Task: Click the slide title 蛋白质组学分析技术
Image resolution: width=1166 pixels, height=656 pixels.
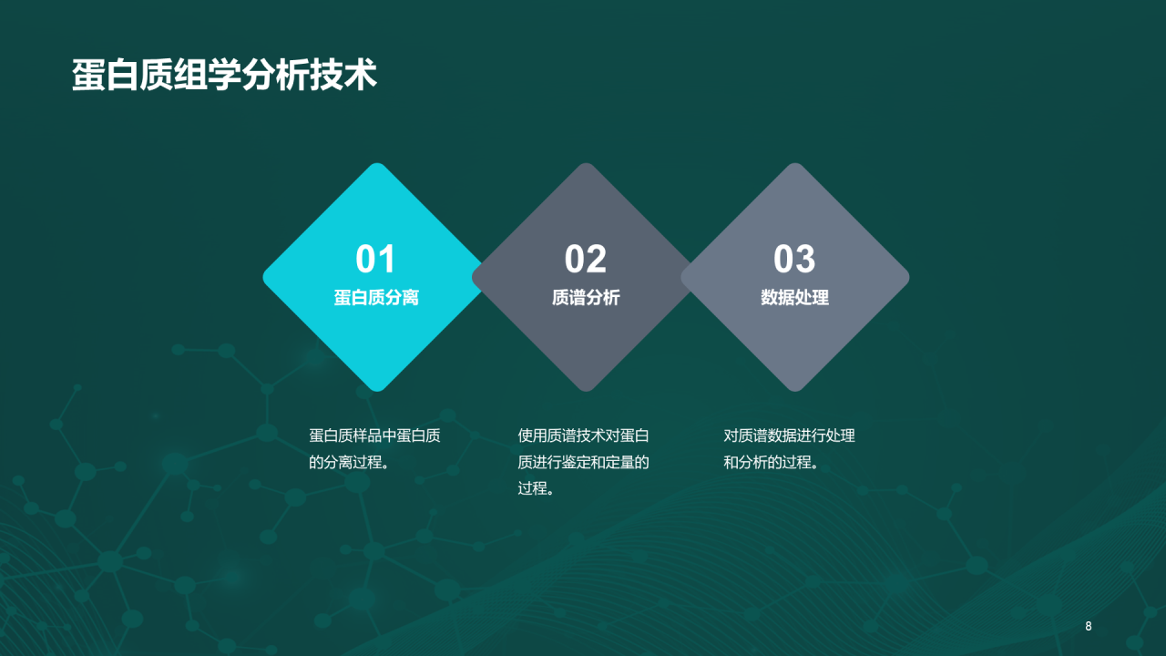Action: pos(224,76)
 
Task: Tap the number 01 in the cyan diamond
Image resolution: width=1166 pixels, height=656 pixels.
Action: pos(375,260)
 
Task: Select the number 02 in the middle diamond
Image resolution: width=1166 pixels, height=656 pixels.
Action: pos(585,260)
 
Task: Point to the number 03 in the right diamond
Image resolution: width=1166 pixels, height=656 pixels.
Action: pos(794,260)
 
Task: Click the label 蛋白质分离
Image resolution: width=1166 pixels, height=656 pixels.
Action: pos(375,298)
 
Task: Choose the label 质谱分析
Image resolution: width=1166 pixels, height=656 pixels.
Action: pos(585,298)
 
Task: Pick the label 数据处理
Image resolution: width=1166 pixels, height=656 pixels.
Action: pos(794,298)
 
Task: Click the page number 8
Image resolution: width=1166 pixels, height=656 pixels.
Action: pos(1088,626)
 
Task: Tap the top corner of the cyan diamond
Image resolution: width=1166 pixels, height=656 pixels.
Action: pos(375,168)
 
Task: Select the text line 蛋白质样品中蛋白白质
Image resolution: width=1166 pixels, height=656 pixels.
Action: pos(374,436)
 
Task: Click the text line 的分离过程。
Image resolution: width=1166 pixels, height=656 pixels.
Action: pos(351,462)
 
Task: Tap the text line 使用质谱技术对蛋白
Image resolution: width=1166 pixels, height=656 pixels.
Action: pos(583,436)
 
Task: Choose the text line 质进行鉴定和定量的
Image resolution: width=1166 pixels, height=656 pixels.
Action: pos(583,462)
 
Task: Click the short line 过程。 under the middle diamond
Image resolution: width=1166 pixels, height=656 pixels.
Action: pos(537,488)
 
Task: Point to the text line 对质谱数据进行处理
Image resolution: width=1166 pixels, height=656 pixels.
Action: pos(789,436)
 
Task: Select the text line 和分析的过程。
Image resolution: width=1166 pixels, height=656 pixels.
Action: pos(772,462)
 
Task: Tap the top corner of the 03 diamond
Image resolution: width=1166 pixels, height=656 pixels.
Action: pos(794,168)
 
